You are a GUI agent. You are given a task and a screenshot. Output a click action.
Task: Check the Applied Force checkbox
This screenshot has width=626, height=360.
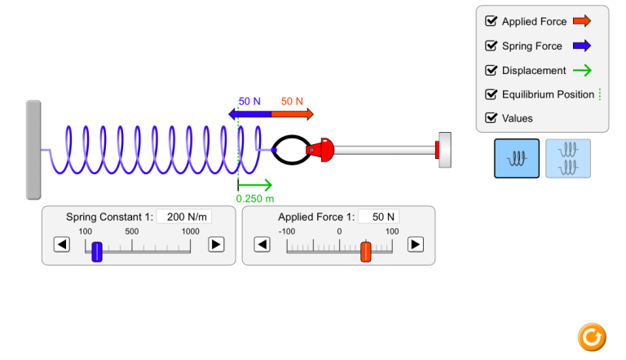click(491, 21)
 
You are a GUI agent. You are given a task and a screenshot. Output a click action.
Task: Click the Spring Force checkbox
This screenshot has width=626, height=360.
click(491, 46)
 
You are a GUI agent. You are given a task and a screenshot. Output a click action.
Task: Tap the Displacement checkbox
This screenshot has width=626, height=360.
click(491, 70)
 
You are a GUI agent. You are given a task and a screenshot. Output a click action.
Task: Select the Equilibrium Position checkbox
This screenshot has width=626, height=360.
click(491, 94)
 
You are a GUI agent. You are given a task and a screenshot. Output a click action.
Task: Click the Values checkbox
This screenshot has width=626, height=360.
click(491, 118)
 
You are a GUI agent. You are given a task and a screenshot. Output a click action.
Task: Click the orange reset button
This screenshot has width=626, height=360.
click(592, 337)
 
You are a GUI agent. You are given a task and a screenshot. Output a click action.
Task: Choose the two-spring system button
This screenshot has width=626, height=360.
click(567, 159)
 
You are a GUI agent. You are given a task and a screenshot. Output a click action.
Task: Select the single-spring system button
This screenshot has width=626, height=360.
click(517, 159)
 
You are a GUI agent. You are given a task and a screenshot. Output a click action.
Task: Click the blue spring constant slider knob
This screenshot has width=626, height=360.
click(97, 252)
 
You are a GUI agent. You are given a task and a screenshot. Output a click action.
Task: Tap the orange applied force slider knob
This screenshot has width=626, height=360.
click(366, 252)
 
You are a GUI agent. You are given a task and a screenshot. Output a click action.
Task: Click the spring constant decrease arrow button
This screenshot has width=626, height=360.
click(62, 244)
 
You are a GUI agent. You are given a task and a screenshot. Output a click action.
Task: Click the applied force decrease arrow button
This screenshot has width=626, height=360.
click(262, 244)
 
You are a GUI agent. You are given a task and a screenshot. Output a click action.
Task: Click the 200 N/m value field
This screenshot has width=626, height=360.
click(184, 217)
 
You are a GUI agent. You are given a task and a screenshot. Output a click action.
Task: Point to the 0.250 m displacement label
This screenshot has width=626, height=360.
click(255, 199)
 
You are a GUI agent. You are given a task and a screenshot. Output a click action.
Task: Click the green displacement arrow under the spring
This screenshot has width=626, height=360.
click(254, 185)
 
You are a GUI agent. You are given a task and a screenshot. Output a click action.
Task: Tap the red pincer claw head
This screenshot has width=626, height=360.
click(320, 150)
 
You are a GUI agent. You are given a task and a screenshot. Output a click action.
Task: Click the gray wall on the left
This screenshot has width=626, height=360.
click(33, 150)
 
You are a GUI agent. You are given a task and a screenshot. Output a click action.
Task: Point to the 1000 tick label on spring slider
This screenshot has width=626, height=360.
click(191, 231)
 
